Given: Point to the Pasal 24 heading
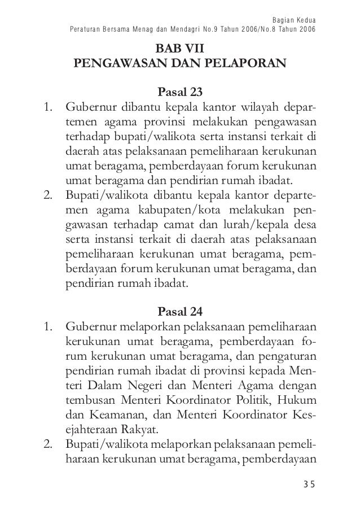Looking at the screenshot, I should coord(180,311).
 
